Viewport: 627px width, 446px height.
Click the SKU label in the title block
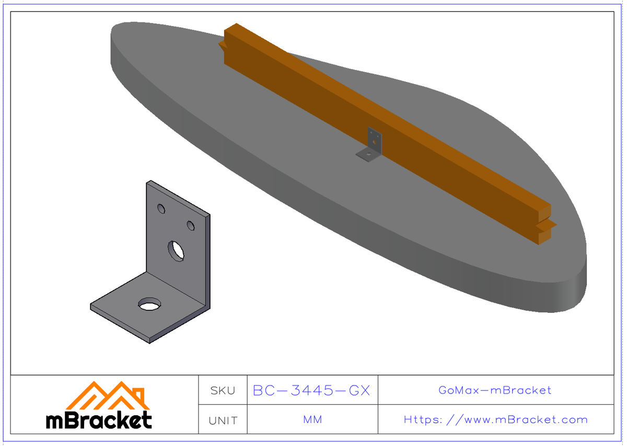(x=223, y=390)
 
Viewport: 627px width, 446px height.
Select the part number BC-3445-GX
(x=311, y=390)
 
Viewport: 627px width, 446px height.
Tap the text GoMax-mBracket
(x=495, y=390)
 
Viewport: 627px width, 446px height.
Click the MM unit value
(x=312, y=420)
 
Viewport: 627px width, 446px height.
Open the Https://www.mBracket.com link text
(x=495, y=420)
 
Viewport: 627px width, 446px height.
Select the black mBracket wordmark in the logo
(x=99, y=420)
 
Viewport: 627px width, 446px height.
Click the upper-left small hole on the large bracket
(x=161, y=209)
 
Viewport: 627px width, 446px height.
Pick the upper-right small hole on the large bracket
(x=191, y=226)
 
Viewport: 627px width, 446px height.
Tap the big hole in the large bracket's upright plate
(x=176, y=251)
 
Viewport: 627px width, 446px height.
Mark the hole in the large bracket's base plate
(x=149, y=304)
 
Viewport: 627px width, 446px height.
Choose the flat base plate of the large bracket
(x=131, y=313)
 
